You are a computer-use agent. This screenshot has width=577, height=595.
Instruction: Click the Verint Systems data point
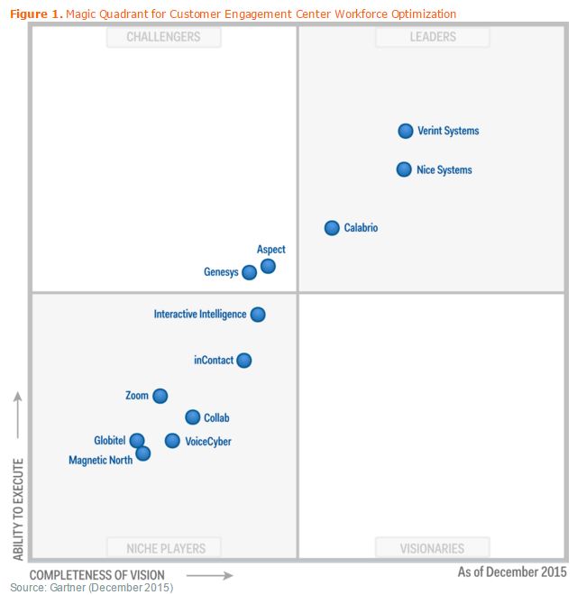[x=406, y=131]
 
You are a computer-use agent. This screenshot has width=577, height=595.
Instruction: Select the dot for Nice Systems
[x=404, y=169]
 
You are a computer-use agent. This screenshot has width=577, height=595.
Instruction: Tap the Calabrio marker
[x=332, y=228]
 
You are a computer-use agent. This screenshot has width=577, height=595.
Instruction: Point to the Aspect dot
[x=268, y=266]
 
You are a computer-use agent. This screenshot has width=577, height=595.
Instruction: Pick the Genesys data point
[x=249, y=272]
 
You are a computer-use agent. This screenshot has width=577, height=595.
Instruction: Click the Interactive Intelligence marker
[x=258, y=315]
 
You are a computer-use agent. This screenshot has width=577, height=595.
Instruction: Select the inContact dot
[x=243, y=361]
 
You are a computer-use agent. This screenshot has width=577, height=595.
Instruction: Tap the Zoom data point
[x=160, y=396]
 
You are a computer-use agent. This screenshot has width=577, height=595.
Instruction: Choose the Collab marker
[x=192, y=417]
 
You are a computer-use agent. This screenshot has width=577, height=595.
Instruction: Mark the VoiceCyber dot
[x=172, y=441]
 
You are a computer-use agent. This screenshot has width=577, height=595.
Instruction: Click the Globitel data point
[x=136, y=440]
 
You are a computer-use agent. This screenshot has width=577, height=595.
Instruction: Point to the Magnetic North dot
[x=142, y=453]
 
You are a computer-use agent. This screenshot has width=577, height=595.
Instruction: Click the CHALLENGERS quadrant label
[x=163, y=37]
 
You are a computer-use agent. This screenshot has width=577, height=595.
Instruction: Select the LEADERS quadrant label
[x=433, y=37]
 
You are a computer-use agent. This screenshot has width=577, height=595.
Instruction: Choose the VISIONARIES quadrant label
[x=433, y=548]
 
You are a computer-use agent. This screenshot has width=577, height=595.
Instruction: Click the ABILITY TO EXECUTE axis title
[x=18, y=509]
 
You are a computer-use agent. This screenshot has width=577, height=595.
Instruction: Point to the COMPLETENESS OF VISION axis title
[x=97, y=575]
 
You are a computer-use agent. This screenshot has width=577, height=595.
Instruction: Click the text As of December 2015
[x=512, y=572]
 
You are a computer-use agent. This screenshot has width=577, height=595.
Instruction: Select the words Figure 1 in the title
[x=35, y=14]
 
